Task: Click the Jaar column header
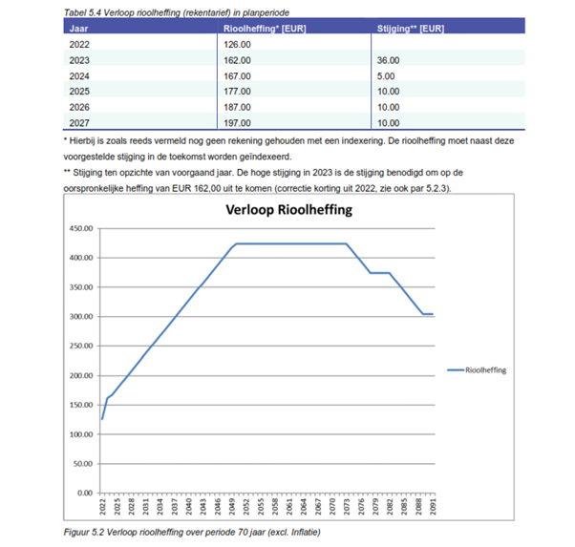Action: tap(80, 30)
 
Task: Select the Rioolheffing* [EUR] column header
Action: tap(253, 30)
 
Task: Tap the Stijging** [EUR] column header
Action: tap(410, 30)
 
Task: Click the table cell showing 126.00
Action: tap(238, 44)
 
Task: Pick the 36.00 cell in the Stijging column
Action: tap(390, 60)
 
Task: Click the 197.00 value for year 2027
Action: tap(238, 122)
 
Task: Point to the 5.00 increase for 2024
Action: tap(387, 75)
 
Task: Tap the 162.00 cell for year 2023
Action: tap(238, 60)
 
